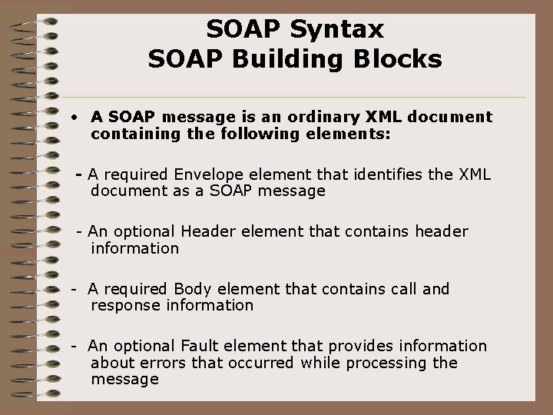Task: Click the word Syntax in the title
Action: (x=339, y=30)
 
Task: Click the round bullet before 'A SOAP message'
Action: (x=70, y=118)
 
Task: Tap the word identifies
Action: (x=379, y=175)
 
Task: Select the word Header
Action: (x=206, y=232)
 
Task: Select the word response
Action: (x=124, y=305)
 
